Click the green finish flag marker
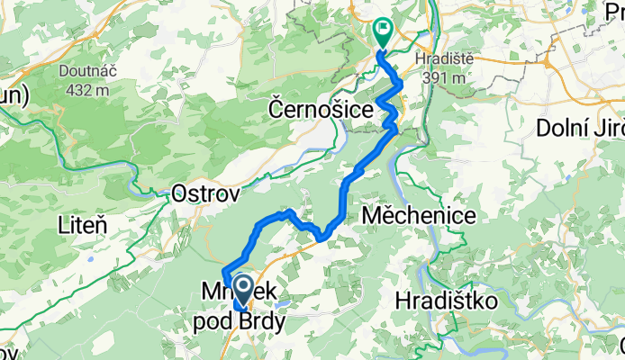pos(383,31)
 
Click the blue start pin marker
pos(242,290)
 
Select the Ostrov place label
pos(205,192)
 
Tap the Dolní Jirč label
pos(580,128)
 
